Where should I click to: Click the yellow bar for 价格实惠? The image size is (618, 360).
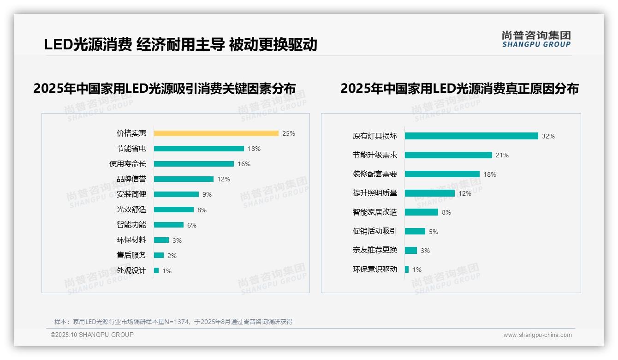click(216, 133)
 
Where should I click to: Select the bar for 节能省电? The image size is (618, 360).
click(199, 149)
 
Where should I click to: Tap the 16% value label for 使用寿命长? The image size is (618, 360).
click(244, 164)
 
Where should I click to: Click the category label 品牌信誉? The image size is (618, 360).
click(131, 179)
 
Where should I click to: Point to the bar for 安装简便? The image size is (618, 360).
click(176, 194)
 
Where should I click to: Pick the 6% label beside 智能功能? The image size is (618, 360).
click(192, 225)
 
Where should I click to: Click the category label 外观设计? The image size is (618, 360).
click(131, 270)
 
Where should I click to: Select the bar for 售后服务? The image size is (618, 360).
click(159, 255)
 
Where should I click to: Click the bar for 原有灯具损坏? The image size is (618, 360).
click(471, 136)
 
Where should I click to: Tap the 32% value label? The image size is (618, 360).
click(548, 136)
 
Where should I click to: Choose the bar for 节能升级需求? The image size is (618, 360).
click(448, 155)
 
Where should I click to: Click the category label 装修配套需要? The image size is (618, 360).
click(374, 174)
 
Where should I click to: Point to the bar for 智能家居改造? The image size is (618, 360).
click(421, 212)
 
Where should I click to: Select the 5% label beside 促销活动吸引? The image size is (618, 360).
click(434, 232)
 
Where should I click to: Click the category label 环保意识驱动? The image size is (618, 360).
click(374, 269)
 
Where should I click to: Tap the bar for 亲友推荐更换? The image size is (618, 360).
click(410, 250)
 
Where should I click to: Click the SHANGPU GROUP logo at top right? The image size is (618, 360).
click(536, 39)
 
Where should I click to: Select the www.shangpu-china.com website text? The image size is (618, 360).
click(537, 335)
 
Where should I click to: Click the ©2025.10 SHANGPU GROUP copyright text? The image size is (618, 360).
click(92, 335)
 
